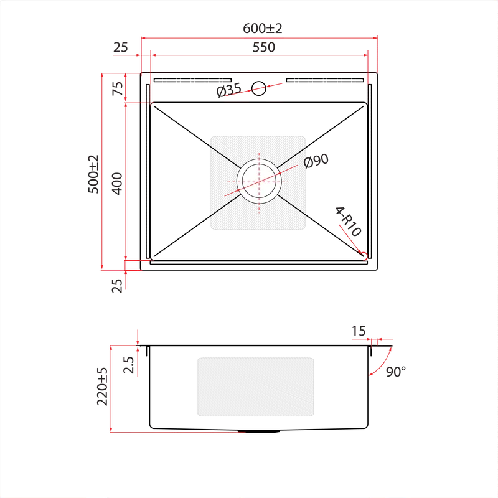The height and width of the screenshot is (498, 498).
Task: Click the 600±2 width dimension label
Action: pos(262,29)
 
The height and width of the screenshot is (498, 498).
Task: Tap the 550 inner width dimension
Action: pos(263,47)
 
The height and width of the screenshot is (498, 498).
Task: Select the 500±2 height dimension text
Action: pos(93,174)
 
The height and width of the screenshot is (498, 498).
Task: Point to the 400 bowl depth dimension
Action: pos(117,184)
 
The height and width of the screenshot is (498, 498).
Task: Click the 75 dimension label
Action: pos(118,88)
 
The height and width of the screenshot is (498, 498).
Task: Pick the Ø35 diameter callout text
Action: pos(229,90)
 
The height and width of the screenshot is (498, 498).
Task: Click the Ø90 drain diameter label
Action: pos(316,161)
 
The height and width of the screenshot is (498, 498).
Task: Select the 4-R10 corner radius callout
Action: pos(348,222)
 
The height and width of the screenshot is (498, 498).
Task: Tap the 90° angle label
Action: pos(396,372)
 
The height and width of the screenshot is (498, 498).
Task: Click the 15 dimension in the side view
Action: pos(359,331)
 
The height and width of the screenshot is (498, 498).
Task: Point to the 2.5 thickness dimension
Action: pos(128,365)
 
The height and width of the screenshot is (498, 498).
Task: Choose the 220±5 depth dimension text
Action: pos(102,387)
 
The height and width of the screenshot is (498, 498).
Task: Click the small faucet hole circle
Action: pos(259,88)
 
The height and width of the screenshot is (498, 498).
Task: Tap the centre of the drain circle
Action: pos(259,182)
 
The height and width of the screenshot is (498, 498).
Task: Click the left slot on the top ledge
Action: pos(192,80)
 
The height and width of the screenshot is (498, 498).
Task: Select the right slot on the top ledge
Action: pos(324,80)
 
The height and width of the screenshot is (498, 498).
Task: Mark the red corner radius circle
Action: pos(364,256)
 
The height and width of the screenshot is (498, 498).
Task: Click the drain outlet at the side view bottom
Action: pos(258,431)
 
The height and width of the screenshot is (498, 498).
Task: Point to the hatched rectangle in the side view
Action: pos(256,387)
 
